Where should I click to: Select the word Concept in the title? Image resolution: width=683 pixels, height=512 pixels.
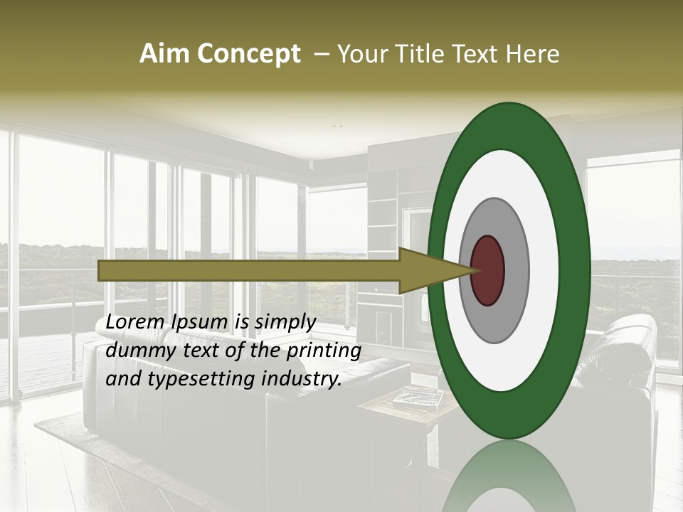tap(247, 54)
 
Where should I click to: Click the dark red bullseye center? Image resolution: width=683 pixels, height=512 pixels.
tap(488, 270)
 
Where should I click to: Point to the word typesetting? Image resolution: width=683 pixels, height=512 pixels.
tap(197, 380)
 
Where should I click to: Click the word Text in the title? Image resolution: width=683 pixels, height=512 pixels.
tap(478, 54)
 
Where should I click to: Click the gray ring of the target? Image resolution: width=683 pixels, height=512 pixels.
tap(516, 270)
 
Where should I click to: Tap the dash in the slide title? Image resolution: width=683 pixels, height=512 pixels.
tap(321, 54)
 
